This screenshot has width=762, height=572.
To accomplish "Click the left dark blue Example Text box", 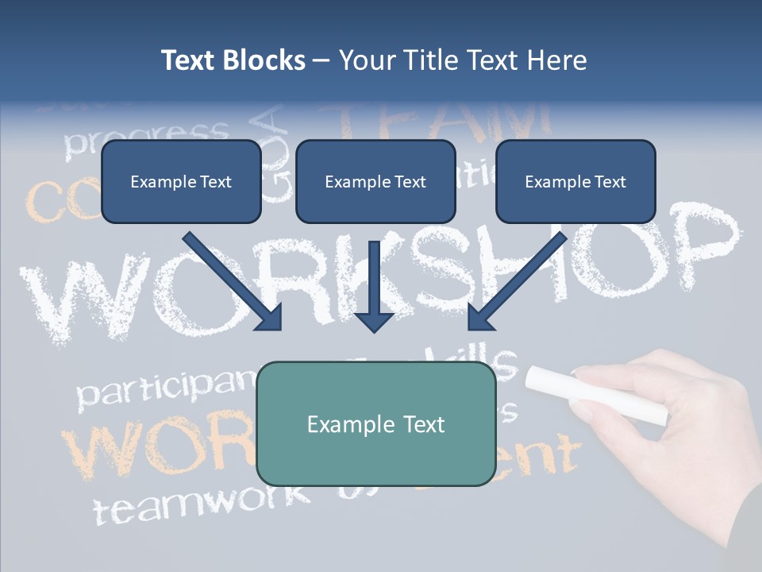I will pos(181,181).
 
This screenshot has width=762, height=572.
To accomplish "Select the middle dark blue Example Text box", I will pos(375,181).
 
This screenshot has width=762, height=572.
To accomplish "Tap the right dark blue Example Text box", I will pos(575,181).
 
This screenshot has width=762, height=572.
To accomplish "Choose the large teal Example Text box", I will pos(376,423).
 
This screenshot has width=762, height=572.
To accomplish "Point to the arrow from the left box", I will pos(234,282).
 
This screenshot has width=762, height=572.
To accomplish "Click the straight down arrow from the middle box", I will pos(375,286).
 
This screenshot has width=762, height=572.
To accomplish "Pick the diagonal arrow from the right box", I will pos(516,282).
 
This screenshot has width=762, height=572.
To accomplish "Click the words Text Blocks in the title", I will pos(233,60).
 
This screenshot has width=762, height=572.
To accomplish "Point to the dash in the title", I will pos(321,60).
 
